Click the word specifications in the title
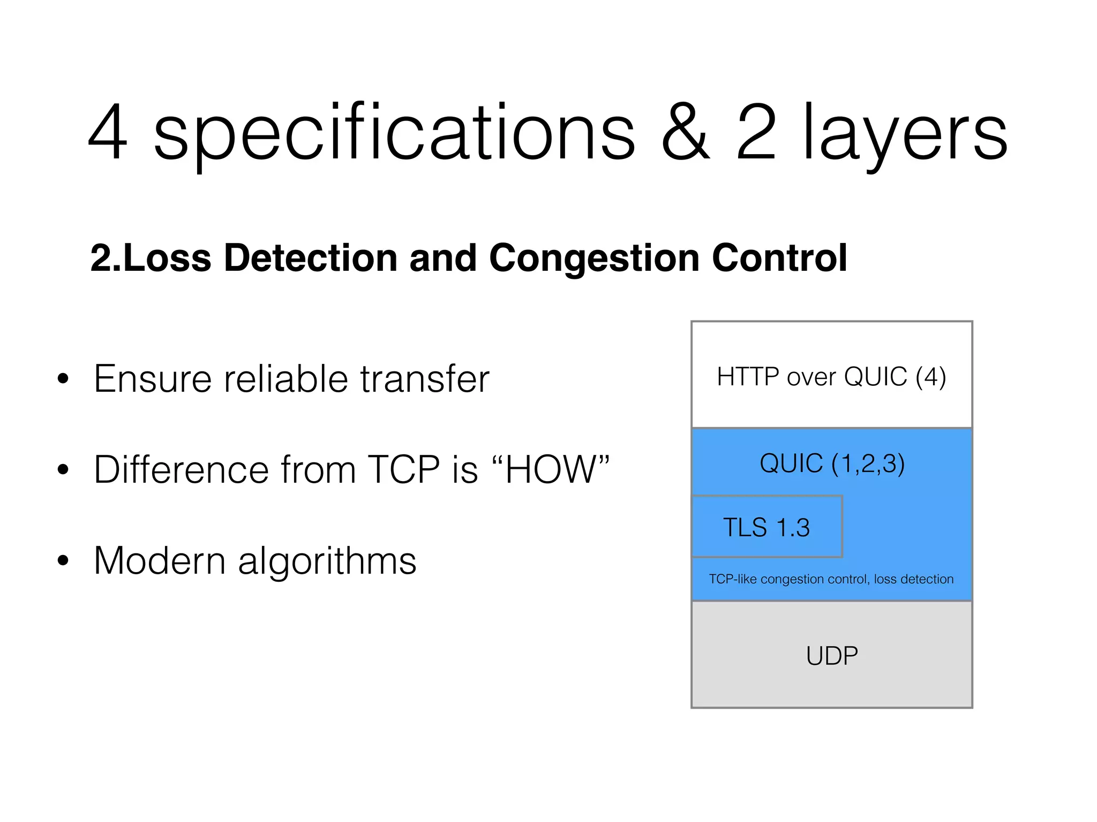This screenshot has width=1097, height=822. coord(394,134)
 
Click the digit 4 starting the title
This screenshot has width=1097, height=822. coord(108,133)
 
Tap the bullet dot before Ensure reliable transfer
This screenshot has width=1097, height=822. coord(64,379)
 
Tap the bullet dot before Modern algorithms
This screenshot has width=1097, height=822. coord(64,561)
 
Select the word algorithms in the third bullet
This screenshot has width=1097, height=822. coord(327,562)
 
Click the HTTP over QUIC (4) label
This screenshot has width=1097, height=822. coord(831,377)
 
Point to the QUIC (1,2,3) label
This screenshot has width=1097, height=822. coord(832,463)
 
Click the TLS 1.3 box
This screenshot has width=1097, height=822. coord(767,527)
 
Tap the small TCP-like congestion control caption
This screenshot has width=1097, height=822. coord(831,579)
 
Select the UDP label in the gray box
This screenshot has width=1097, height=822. coord(832,656)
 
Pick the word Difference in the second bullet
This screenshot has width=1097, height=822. coord(181,470)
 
